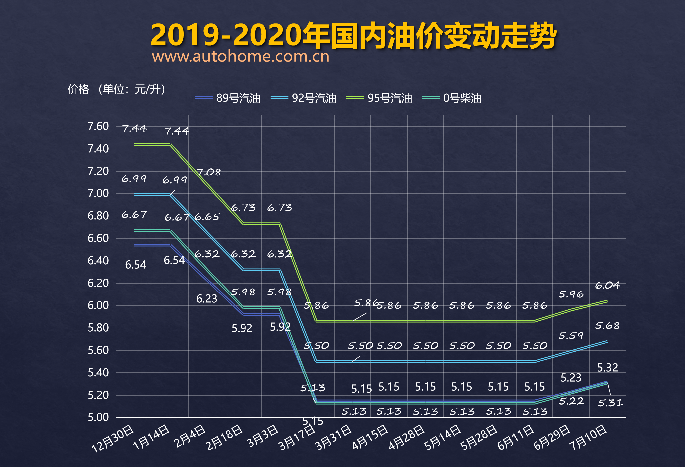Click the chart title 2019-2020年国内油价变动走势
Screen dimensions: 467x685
(353, 35)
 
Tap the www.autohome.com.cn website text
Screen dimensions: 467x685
(241, 57)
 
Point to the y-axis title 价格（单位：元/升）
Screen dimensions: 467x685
(117, 89)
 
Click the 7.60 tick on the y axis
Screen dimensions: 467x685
(98, 126)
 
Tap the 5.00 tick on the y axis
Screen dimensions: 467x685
(98, 417)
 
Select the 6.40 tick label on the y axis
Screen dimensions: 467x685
(98, 261)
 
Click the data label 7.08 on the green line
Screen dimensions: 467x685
(209, 172)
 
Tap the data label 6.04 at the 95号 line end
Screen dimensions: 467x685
(607, 285)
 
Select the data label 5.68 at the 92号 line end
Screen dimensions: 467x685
(607, 326)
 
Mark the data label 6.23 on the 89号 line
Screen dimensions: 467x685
(207, 299)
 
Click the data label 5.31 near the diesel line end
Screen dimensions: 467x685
(610, 403)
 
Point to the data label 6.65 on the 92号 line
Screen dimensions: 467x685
(207, 217)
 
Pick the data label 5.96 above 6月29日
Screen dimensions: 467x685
(571, 294)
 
